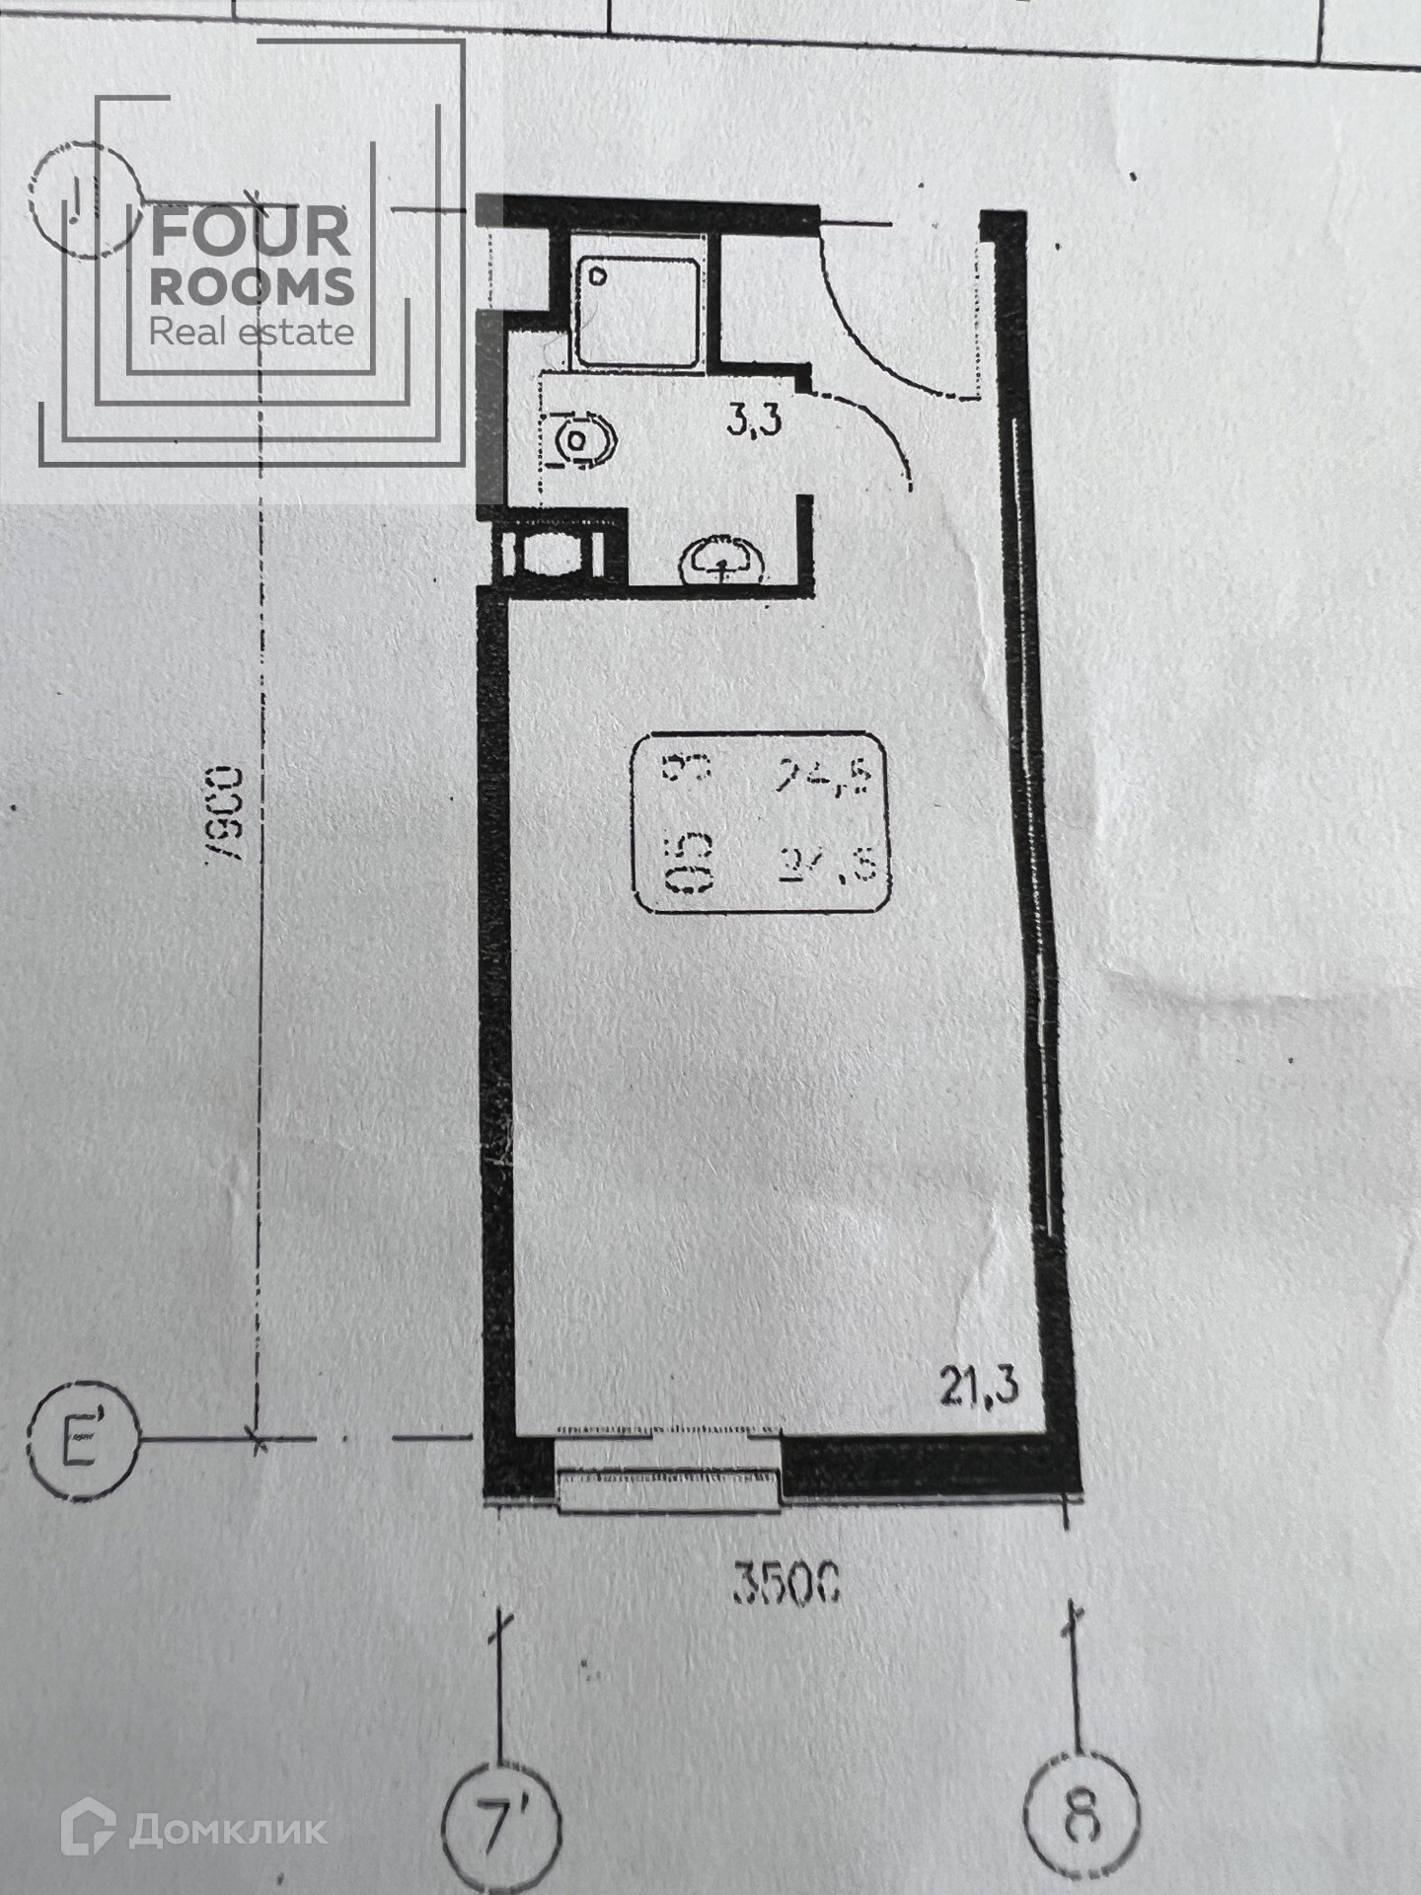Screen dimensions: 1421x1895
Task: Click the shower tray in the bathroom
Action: pyautogui.click(x=636, y=311)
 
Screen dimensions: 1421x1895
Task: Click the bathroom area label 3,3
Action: pyautogui.click(x=754, y=420)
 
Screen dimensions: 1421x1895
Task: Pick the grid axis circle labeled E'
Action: pyautogui.click(x=84, y=1440)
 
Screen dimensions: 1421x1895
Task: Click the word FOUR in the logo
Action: pyautogui.click(x=251, y=233)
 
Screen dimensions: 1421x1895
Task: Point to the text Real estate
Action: pyautogui.click(x=252, y=332)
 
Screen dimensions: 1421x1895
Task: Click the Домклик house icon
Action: pyautogui.click(x=90, y=1829)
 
